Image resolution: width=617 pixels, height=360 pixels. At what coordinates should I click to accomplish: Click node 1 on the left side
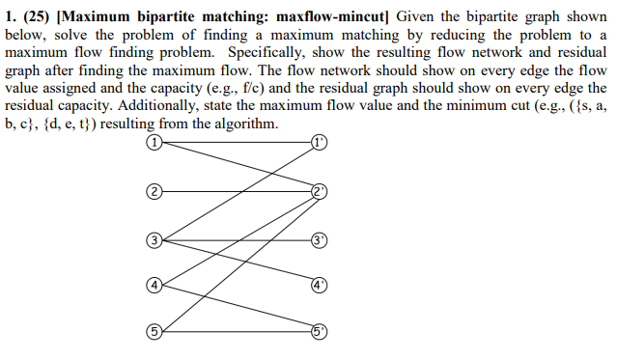153,142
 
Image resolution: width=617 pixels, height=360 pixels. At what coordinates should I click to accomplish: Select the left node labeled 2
153,190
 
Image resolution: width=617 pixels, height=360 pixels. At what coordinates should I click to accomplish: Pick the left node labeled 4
153,285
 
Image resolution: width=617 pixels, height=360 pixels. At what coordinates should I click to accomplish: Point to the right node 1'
321,142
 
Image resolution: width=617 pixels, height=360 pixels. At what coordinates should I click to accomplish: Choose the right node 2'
321,190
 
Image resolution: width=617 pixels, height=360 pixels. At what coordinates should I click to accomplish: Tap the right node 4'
321,285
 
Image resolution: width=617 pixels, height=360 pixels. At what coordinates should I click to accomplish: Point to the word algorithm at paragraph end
246,125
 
